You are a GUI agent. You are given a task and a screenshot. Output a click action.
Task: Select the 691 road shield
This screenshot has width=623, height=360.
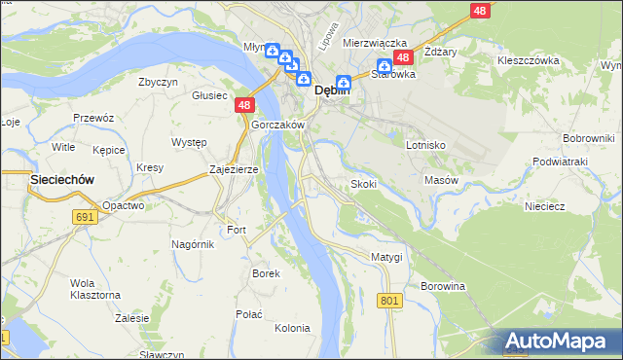pos(84,217)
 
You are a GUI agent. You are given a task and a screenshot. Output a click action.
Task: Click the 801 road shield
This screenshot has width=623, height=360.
pos(389,302)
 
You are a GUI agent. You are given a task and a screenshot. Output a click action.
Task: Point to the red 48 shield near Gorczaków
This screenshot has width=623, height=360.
pos(244,105)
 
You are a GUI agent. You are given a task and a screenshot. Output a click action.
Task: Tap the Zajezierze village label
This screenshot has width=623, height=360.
pos(234,169)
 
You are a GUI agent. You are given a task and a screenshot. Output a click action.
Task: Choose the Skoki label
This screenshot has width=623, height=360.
pos(363,184)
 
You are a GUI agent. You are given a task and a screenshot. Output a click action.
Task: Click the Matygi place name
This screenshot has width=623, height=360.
pos(386,256)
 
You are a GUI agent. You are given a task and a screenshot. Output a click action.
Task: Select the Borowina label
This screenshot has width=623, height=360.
pos(443,287)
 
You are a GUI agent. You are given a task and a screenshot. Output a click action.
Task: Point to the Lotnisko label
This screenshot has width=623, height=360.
pos(425,144)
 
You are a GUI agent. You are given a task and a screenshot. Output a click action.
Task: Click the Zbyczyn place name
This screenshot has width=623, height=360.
pos(158,82)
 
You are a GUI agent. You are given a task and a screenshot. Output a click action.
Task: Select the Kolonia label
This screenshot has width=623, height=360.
pos(292,328)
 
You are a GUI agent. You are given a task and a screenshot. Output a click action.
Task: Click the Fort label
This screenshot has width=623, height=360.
pos(237,230)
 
